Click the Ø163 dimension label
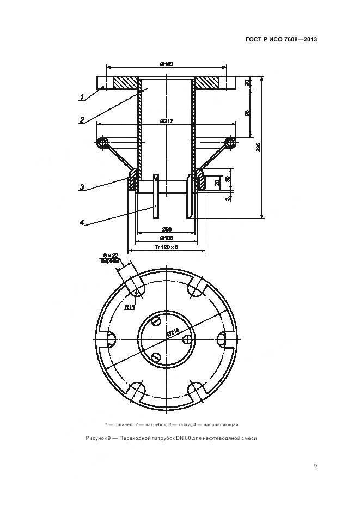coord(167,65)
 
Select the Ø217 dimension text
coord(167,121)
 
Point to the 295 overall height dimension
coord(258,147)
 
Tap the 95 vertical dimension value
coord(247,113)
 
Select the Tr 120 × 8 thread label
coord(166,248)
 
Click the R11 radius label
coord(129,307)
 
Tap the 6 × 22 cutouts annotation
coord(110,258)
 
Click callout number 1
coord(82,98)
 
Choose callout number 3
coord(81,187)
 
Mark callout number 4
coord(81,222)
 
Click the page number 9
coord(315,465)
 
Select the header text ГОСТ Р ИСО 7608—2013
coord(282,39)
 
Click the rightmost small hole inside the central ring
coord(187,339)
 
